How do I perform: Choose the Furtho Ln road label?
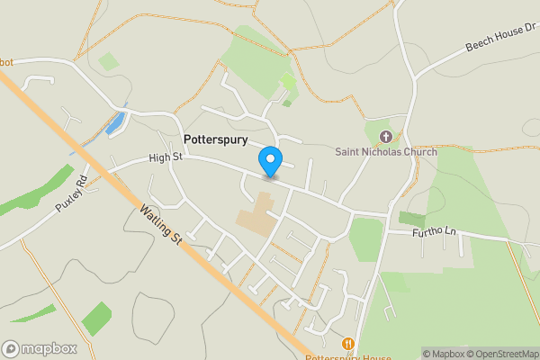[x=435, y=232]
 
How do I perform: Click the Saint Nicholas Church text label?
[x=386, y=152]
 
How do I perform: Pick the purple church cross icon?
[x=386, y=137]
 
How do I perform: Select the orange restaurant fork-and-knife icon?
[x=347, y=343]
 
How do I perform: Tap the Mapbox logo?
[x=40, y=348]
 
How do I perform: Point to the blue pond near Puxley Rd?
[x=115, y=124]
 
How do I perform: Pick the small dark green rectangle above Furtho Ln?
[x=411, y=219]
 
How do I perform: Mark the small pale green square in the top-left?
[x=108, y=61]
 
